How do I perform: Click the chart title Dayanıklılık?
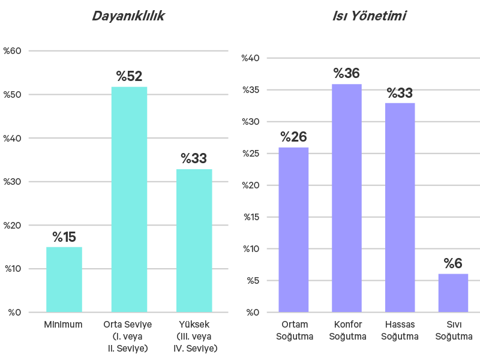click(128, 16)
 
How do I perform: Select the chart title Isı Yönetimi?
click(369, 16)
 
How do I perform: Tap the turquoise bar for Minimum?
click(64, 279)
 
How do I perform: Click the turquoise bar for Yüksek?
click(194, 240)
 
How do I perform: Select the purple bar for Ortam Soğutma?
click(294, 229)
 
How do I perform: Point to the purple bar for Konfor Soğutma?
click(347, 198)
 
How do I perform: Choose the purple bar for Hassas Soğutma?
click(400, 207)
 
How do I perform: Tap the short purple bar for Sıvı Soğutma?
click(453, 293)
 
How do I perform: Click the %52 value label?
click(129, 77)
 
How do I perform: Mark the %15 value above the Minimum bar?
click(64, 237)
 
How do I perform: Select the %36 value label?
click(347, 74)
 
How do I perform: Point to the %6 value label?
click(453, 264)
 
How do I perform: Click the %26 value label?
click(294, 137)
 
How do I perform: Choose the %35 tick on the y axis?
click(251, 90)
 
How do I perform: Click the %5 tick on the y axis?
click(253, 280)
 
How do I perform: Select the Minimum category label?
click(63, 325)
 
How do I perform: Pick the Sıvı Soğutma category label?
click(454, 331)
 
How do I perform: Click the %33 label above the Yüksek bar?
click(194, 159)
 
